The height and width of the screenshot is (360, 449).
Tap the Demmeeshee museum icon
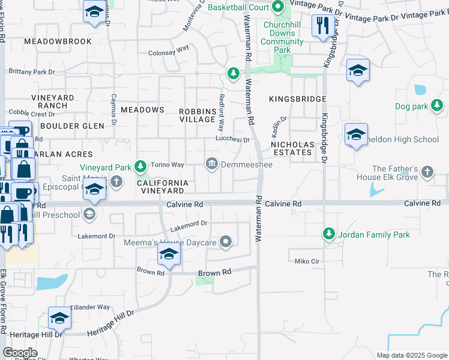[212, 164]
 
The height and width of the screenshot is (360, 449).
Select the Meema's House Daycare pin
[226, 242]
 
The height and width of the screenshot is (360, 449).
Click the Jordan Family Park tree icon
[328, 233]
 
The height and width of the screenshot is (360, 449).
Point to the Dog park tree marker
[437, 106]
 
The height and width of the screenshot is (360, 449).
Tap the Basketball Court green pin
[277, 8]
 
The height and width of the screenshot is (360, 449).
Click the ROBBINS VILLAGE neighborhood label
[197, 115]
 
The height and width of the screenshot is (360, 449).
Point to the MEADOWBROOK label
[58, 41]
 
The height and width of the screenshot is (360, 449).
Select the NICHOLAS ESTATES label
[292, 148]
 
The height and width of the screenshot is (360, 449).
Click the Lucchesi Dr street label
[233, 139]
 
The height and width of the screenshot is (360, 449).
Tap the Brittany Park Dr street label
[31, 72]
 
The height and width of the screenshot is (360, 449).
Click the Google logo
[20, 353]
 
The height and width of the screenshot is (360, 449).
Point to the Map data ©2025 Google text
[412, 355]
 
